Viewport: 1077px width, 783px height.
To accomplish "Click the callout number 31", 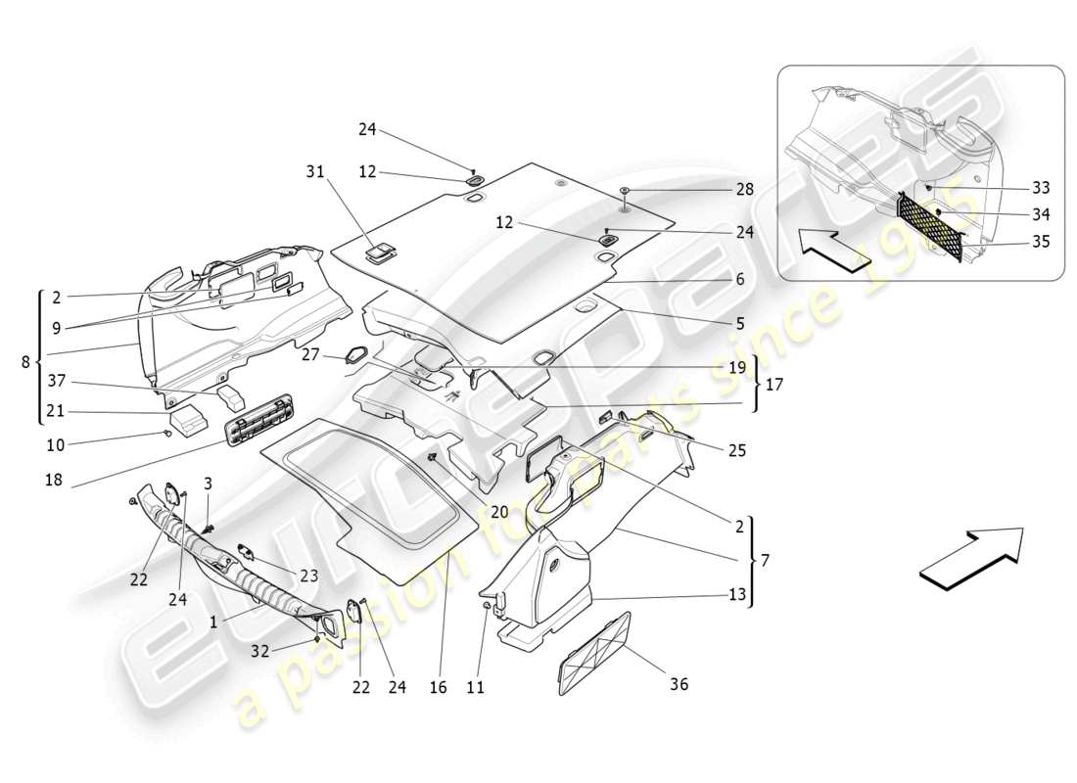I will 314,171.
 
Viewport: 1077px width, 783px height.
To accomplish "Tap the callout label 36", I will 679,684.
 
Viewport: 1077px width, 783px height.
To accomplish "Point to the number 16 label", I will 438,688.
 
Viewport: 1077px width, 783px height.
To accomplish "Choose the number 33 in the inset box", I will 1040,187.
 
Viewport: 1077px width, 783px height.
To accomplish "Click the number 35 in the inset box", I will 1040,241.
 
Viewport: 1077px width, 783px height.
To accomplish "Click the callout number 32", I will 258,650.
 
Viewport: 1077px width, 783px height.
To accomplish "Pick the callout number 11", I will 475,688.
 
